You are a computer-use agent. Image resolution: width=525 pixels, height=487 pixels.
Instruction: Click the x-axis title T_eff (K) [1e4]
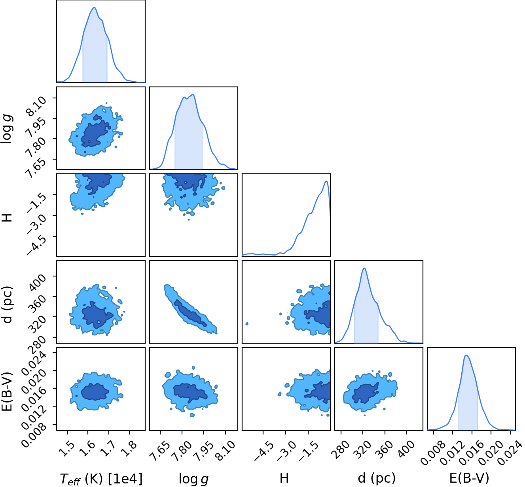click(x=101, y=478)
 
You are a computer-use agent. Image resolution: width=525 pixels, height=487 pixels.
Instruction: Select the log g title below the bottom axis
click(x=193, y=479)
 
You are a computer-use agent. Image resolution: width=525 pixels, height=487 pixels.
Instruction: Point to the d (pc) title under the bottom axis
click(x=376, y=478)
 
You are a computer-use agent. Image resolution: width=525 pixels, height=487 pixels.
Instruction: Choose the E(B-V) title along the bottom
click(x=469, y=478)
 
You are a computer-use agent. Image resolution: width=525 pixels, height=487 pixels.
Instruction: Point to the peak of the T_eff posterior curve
click(x=95, y=8)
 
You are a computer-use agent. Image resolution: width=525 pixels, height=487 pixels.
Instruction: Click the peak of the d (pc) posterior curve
click(x=364, y=268)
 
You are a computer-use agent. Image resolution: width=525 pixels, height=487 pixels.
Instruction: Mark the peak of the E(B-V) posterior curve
click(x=466, y=355)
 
